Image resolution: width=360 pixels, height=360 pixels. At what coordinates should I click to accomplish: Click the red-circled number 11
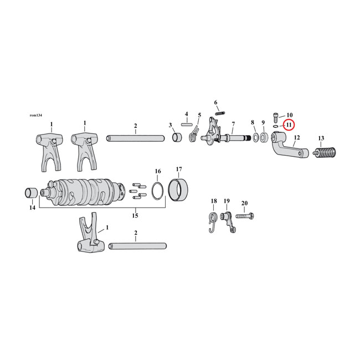pos(289,126)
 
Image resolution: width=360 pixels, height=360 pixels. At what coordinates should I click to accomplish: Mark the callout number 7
pos(233,124)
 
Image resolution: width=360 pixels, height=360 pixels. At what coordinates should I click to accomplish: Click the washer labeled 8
pos(256,137)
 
